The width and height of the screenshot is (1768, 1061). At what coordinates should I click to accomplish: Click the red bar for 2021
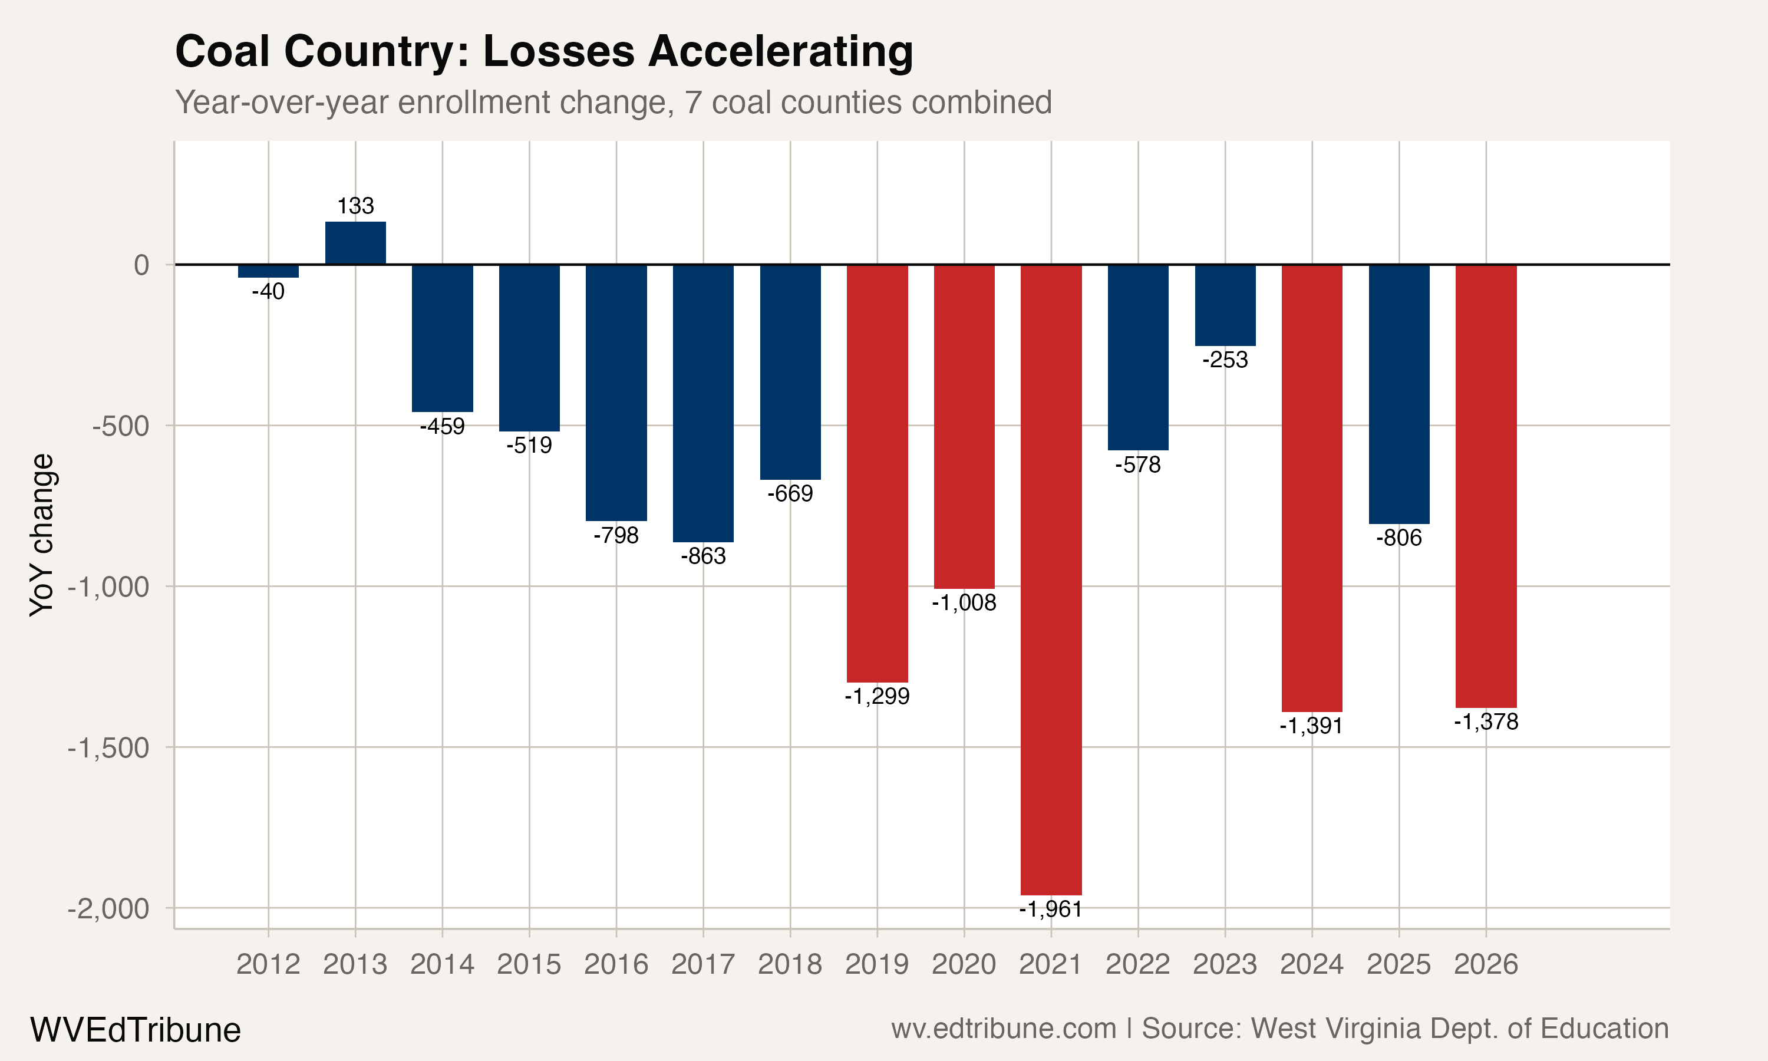[x=1051, y=579]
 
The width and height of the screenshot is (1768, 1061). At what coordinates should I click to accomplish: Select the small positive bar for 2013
[x=355, y=243]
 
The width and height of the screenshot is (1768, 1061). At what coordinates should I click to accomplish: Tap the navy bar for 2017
[x=703, y=403]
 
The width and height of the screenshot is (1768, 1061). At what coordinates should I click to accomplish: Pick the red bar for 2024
[x=1311, y=487]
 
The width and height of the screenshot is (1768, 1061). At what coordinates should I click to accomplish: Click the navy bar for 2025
[x=1398, y=393]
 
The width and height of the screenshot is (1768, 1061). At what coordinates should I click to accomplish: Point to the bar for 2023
[x=1225, y=305]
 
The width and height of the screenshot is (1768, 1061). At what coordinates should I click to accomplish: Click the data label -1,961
[x=1051, y=910]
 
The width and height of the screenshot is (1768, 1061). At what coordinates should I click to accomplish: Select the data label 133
[x=355, y=206]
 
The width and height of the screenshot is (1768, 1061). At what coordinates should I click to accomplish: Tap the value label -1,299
[x=877, y=696]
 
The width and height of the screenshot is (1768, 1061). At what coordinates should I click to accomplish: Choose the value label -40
[x=268, y=292]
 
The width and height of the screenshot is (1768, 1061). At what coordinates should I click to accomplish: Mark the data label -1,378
[x=1486, y=722]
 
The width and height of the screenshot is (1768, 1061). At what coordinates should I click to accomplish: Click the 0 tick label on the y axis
[x=141, y=265]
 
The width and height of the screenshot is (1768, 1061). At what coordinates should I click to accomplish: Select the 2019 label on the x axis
[x=877, y=964]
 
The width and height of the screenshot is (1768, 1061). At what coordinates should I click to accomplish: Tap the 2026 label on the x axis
[x=1486, y=964]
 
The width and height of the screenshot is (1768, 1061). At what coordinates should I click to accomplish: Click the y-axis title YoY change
[x=41, y=535]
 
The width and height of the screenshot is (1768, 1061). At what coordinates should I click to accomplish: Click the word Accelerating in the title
[x=780, y=51]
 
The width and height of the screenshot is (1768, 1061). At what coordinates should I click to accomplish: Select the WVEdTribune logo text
[x=135, y=1030]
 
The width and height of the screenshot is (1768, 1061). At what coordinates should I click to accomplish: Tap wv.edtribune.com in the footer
[x=1004, y=1029]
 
